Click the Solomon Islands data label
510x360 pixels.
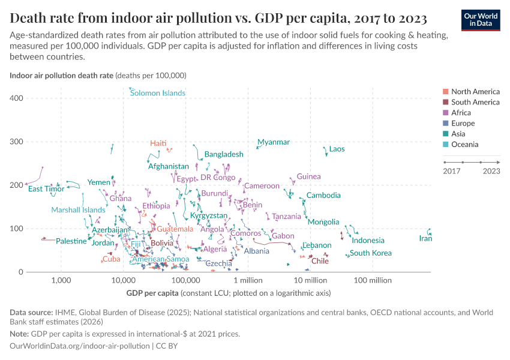(158, 93)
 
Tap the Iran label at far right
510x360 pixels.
(425, 239)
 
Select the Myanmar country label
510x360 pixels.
(274, 142)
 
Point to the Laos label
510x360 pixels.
(337, 149)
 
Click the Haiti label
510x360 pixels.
(158, 143)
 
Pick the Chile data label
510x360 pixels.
(320, 261)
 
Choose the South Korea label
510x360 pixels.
(371, 253)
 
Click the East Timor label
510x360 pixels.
(46, 189)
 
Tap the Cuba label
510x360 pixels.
(111, 259)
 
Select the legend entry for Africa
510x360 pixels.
(461, 113)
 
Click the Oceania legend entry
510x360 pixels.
(464, 145)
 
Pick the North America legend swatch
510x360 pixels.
(445, 92)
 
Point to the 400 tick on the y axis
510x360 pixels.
(17, 98)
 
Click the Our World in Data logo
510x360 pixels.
(480, 19)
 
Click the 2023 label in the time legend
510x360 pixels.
(491, 172)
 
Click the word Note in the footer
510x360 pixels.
(20, 334)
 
